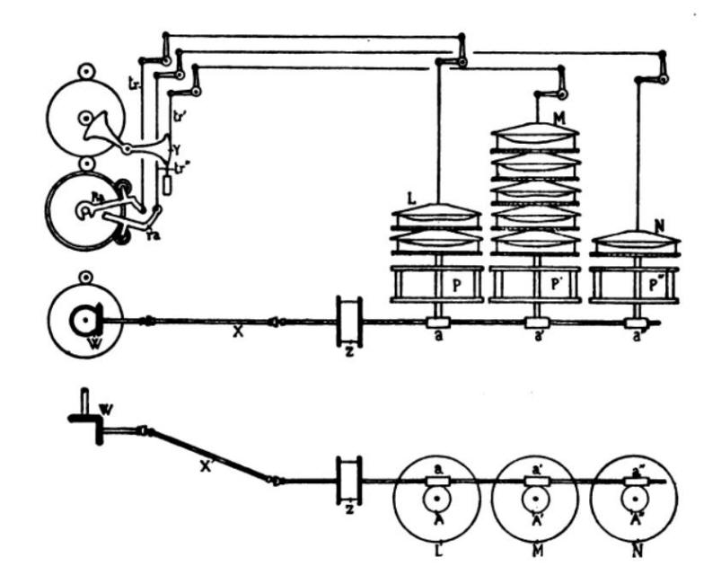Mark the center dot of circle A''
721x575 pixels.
coord(637,496)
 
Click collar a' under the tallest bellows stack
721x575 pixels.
coord(536,323)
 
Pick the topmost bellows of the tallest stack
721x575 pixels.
coord(536,131)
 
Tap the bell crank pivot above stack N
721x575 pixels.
coord(663,79)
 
